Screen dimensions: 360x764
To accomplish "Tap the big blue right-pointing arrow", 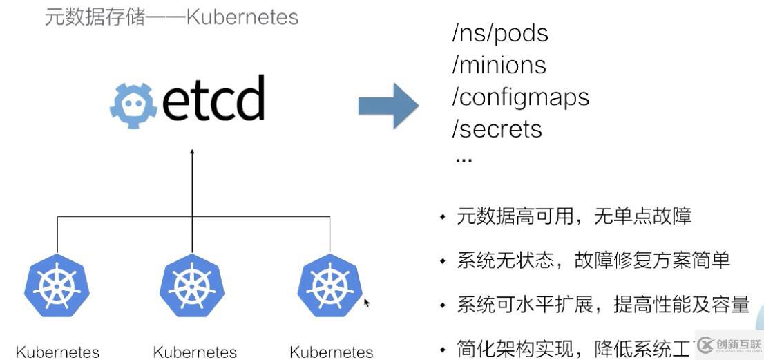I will pos(388,105).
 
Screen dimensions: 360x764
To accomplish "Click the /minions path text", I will pos(499,66).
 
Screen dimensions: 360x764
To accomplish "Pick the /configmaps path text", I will pos(520,97).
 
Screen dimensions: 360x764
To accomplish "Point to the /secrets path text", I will pos(497,129).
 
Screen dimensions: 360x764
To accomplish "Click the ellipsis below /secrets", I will pos(463,160).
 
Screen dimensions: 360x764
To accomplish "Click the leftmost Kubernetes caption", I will pos(57,352).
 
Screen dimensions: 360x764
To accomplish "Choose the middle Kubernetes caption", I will pos(195,352).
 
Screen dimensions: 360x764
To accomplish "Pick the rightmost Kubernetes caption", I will pos(332,352).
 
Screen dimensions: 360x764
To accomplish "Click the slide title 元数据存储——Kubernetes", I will pos(171,17).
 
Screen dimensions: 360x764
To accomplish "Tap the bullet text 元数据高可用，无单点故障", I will pos(573,217).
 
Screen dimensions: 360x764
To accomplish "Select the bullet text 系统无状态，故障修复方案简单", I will pos(593,260).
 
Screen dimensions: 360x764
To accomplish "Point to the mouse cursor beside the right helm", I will pos(367,303).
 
